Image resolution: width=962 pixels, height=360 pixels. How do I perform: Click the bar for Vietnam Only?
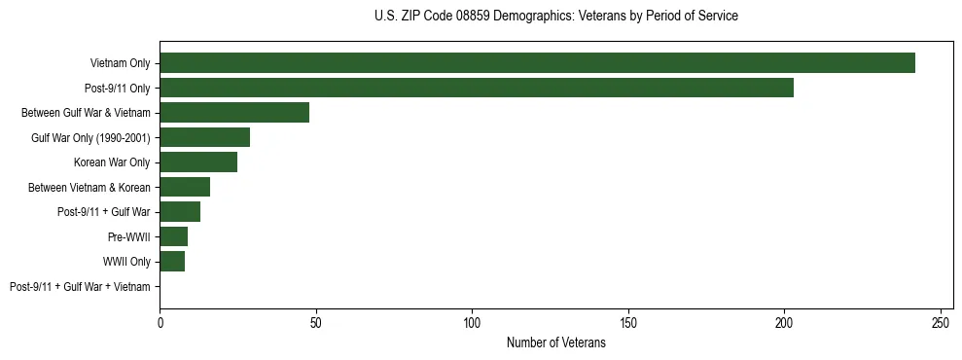pyautogui.click(x=537, y=63)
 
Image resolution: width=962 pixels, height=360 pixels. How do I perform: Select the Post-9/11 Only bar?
pyautogui.click(x=477, y=88)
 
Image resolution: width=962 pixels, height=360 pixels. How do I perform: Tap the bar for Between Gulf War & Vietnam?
pyautogui.click(x=234, y=113)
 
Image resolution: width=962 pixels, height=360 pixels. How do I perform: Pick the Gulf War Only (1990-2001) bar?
pyautogui.click(x=204, y=137)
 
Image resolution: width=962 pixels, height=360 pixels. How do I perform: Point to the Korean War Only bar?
pyautogui.click(x=198, y=162)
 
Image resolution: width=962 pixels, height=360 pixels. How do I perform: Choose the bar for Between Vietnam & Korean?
pyautogui.click(x=185, y=187)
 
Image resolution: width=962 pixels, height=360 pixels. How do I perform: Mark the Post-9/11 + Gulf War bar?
pyautogui.click(x=180, y=212)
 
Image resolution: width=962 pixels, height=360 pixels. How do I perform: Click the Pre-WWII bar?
pyautogui.click(x=174, y=236)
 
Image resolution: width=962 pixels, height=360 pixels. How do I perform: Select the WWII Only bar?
pyautogui.click(x=172, y=262)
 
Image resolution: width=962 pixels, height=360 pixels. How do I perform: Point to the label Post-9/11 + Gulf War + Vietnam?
pyautogui.click(x=80, y=287)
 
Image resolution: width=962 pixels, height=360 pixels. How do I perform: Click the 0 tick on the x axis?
pyautogui.click(x=160, y=322)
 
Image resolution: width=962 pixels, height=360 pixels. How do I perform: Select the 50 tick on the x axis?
pyautogui.click(x=316, y=322)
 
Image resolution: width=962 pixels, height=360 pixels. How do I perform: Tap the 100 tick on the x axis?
pyautogui.click(x=472, y=322)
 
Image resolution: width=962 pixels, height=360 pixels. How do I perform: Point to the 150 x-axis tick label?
pyautogui.click(x=628, y=322)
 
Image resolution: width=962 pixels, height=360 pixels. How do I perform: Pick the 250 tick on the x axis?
pyautogui.click(x=941, y=322)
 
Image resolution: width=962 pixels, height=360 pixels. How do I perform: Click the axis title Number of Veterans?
pyautogui.click(x=555, y=343)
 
